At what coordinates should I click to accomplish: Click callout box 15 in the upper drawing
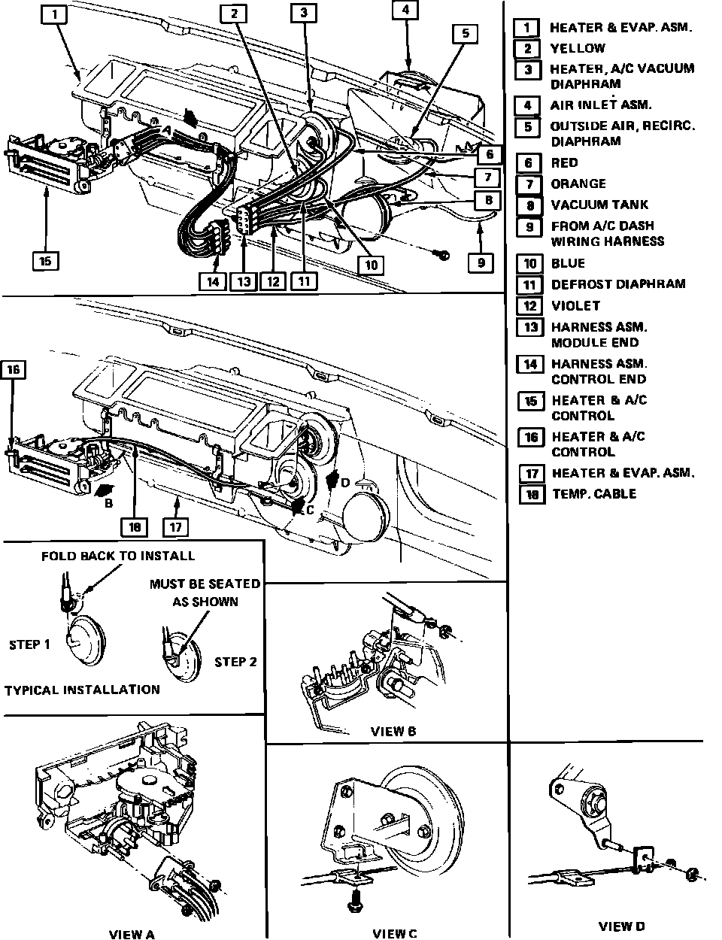coord(45,261)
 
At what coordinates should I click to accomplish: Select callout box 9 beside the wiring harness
coord(481,262)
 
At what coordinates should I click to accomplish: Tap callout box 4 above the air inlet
coord(406,11)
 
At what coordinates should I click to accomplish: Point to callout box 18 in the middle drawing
coord(135,526)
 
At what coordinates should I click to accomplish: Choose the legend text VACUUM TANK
coord(599,205)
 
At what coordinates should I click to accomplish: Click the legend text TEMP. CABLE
coord(594,494)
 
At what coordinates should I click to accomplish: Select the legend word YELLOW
coord(578,48)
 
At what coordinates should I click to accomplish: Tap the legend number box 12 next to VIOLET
coord(529,305)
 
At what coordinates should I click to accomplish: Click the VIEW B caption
coord(393,731)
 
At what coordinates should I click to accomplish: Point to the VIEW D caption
coord(622,926)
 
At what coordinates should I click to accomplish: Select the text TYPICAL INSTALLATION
coord(82,690)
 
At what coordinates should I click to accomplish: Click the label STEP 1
coord(30,644)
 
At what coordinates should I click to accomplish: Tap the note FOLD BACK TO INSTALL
coord(118,556)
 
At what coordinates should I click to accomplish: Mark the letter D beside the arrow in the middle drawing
coord(345,483)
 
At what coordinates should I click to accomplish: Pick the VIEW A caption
coord(132,935)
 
